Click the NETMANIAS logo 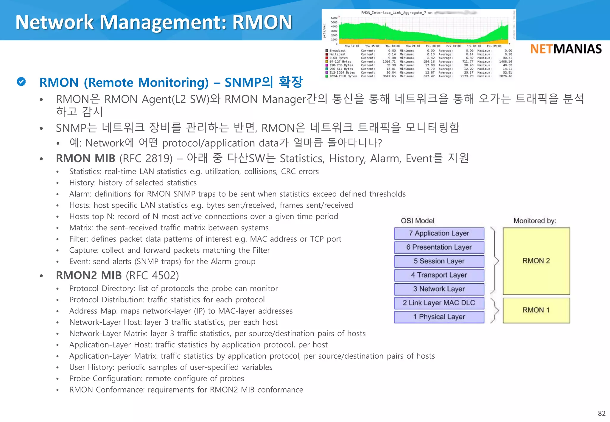566,49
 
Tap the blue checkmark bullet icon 21,82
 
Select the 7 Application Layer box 439,234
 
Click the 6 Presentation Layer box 439,247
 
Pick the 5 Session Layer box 439,261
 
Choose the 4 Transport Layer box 439,275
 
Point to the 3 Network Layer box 439,289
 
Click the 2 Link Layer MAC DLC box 439,303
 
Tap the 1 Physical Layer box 439,317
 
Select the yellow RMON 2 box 536,261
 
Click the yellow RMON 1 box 536,310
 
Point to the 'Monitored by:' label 535,221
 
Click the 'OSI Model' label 418,221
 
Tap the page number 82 602,413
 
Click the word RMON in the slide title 262,22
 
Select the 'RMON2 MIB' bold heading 89,276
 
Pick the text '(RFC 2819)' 146,159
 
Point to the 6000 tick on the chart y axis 334,18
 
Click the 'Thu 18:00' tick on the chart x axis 392,46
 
